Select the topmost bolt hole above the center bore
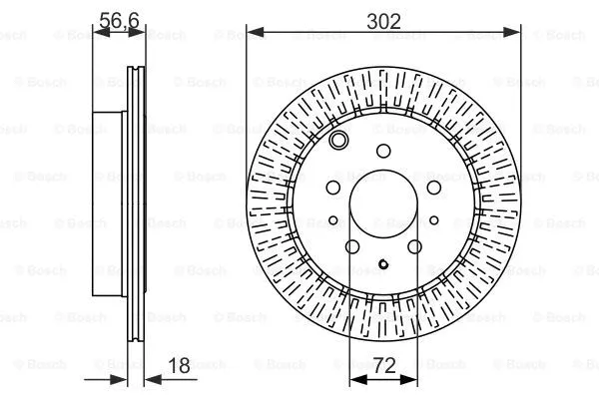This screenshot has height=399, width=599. point(384,152)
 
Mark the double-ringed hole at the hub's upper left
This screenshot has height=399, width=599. point(339,142)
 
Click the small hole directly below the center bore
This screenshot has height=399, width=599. point(384,264)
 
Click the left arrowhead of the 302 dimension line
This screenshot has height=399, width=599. point(254,33)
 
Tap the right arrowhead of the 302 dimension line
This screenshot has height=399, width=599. point(515,33)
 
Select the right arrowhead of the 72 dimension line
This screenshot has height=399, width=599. point(415,379)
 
